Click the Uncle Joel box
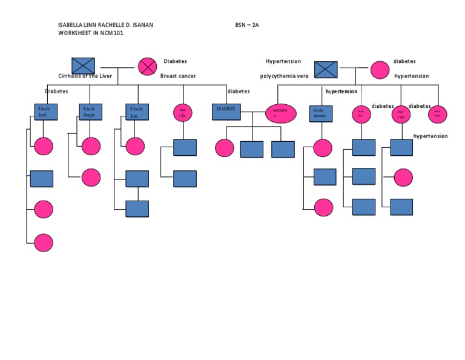click(46, 112)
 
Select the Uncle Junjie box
click(91, 112)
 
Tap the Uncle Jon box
click(137, 112)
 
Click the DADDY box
click(227, 112)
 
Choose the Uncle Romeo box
click(321, 113)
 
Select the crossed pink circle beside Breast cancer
click(147, 66)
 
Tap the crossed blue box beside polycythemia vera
click(326, 69)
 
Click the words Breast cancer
click(178, 76)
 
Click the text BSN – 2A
click(247, 25)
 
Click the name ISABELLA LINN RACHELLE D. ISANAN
click(110, 25)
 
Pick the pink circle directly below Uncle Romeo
click(323, 148)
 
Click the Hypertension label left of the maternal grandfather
click(283, 61)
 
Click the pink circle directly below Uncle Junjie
click(91, 146)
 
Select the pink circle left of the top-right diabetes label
click(380, 70)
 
